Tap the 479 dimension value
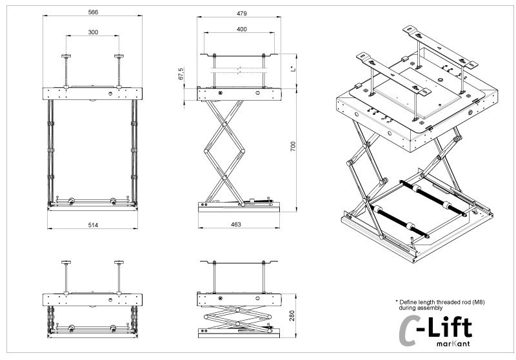coord(240,12)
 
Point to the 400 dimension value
coord(240,30)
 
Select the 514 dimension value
coord(94,224)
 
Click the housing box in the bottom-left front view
coord(94,299)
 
